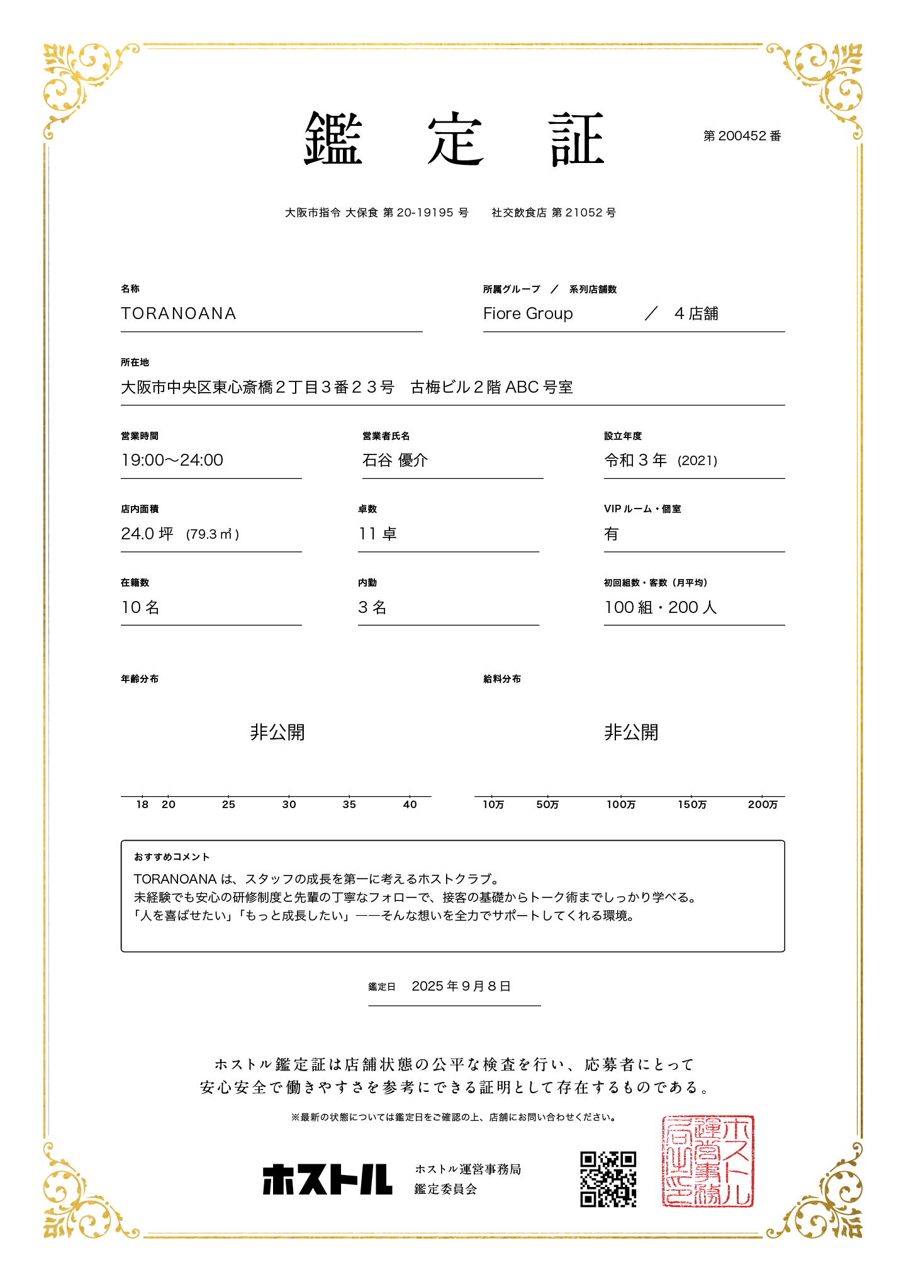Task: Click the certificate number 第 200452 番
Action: click(742, 136)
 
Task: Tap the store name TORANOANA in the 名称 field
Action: click(179, 313)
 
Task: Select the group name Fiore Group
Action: click(528, 313)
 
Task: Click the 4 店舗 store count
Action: click(696, 313)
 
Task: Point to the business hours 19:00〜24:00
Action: click(172, 460)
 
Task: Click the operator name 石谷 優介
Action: click(395, 460)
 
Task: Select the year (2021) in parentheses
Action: click(697, 461)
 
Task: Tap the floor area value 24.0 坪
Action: click(147, 534)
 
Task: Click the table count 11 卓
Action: click(377, 534)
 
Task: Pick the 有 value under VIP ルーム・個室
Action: click(612, 534)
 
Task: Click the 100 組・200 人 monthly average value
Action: click(661, 607)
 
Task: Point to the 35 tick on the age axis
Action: click(349, 804)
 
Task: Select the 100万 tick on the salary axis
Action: click(621, 804)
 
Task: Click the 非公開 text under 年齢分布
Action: click(277, 732)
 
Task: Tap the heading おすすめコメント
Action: click(172, 857)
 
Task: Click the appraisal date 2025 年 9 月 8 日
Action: click(461, 986)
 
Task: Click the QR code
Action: click(608, 1179)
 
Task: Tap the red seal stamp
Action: click(708, 1161)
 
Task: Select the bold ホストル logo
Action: click(327, 1179)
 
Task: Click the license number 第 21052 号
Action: click(583, 213)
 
